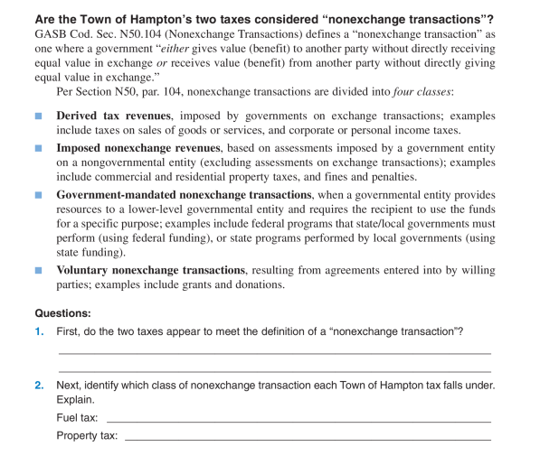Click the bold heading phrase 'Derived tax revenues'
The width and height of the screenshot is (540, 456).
(115, 116)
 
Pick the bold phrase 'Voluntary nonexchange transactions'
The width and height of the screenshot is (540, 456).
(150, 271)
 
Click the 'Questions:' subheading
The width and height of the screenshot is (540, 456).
(63, 312)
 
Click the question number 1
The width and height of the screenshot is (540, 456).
(39, 331)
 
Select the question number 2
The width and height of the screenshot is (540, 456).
(39, 386)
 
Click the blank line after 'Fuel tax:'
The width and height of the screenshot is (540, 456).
(298, 421)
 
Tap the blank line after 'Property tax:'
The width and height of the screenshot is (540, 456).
(308, 438)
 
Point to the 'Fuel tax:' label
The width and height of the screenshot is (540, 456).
(78, 418)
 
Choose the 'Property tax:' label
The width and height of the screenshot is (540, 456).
(87, 436)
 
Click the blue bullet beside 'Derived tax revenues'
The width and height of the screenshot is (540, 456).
(37, 116)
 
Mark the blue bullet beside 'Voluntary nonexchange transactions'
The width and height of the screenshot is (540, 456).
(37, 271)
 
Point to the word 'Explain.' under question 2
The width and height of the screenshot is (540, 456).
(75, 400)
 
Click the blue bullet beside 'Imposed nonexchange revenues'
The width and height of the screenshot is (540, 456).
(37, 147)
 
